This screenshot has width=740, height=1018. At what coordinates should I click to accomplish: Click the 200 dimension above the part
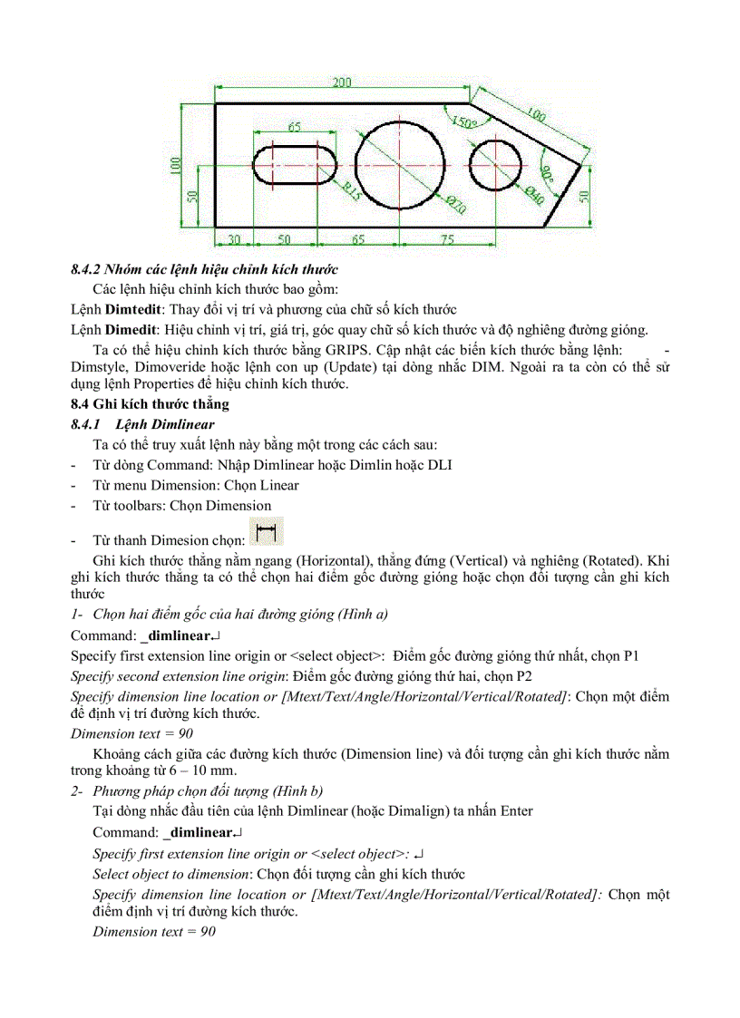click(x=341, y=82)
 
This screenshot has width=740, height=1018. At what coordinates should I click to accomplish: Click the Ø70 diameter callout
click(x=455, y=205)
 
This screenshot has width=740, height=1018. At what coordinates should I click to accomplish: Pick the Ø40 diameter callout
click(x=534, y=192)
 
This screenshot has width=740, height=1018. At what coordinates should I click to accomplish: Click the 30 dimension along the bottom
click(x=233, y=239)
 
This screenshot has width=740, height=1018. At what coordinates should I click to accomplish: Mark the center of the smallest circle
click(x=496, y=166)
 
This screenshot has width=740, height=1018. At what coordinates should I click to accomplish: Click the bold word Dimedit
click(x=131, y=329)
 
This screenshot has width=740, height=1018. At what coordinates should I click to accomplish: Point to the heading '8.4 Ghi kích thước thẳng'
click(x=150, y=404)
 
